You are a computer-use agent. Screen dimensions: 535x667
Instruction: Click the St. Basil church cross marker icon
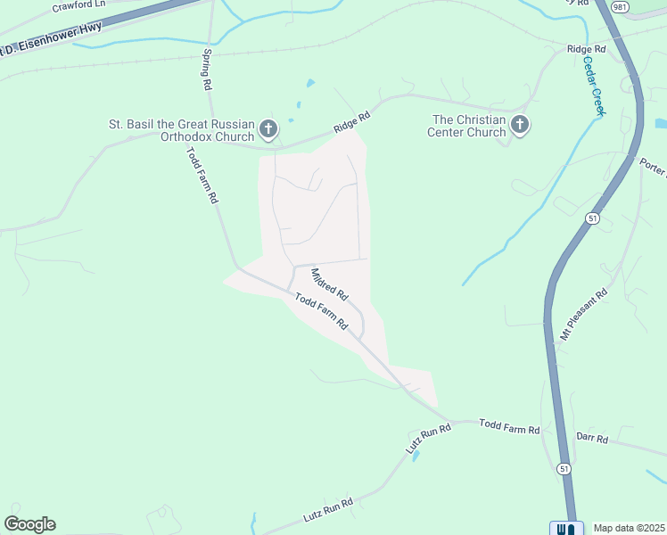point(267,131)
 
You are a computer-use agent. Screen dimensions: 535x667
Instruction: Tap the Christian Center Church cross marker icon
point(520,126)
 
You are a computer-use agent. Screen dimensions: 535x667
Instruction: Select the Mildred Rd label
point(330,283)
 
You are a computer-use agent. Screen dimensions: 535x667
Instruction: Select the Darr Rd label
point(591,438)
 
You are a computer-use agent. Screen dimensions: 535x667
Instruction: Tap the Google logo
point(29,524)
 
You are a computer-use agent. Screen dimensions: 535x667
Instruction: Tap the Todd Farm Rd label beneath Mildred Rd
point(320,312)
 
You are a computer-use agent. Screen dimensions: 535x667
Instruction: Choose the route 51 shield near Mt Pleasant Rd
point(592,218)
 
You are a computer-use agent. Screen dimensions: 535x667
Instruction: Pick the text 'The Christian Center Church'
point(468,126)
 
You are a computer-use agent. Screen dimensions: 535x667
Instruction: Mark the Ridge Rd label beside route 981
point(587,49)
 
